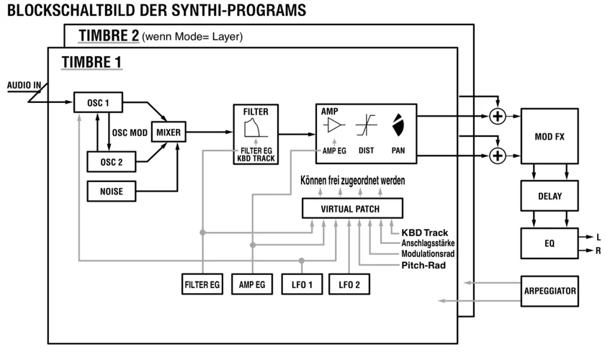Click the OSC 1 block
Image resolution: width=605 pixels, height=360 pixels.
(x=97, y=102)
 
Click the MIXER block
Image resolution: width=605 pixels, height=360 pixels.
(x=169, y=132)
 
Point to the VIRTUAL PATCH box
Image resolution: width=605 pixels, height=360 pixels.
(x=351, y=209)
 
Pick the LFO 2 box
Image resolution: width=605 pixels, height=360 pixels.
(x=349, y=284)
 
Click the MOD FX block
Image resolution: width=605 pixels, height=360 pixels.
(x=549, y=136)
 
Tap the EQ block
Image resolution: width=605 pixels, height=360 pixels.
(x=549, y=243)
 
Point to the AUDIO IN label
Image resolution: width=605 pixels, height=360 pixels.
(x=24, y=85)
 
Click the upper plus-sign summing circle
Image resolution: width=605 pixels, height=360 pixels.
(x=496, y=116)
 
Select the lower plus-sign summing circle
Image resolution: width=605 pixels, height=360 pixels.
(x=496, y=153)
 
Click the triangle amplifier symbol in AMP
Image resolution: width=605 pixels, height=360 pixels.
(x=334, y=125)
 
